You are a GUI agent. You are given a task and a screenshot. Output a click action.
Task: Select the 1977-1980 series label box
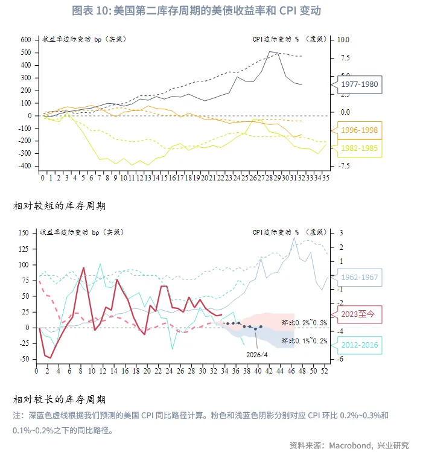[x=360, y=84]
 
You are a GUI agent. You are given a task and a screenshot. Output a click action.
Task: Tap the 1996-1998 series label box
[x=360, y=130]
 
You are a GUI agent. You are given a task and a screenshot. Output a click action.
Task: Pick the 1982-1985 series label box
[x=360, y=147]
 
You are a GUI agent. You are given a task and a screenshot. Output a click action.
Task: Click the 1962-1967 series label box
[x=360, y=278]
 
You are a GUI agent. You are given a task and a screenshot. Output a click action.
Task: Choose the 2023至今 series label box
[x=360, y=314]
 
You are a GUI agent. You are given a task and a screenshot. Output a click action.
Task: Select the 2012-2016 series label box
[x=360, y=345]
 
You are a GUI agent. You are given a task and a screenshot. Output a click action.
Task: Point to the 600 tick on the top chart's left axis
[x=25, y=39]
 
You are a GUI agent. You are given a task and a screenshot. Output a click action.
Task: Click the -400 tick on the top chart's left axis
[x=24, y=166]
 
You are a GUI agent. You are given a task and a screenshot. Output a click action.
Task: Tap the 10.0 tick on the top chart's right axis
[x=343, y=39]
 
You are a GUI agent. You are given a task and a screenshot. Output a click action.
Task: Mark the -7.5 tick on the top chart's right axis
[x=343, y=166]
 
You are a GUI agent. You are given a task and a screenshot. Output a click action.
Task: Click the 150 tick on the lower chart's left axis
[x=24, y=232]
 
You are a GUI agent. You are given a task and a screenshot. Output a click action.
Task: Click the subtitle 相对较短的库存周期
[x=59, y=206]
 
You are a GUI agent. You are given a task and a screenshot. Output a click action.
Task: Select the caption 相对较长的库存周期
[x=59, y=399]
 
